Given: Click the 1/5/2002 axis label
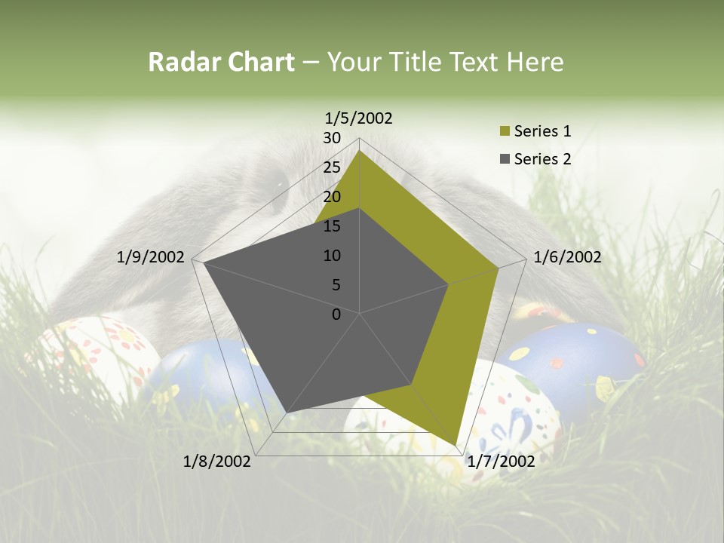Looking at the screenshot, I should coord(359,118).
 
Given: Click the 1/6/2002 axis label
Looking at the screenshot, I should coord(567,257).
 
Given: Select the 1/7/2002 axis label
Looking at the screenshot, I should coord(501,462).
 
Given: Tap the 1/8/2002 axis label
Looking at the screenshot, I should coord(217,462).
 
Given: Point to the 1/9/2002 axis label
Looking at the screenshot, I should coord(151,257).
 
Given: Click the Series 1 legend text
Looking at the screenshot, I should coord(542,131).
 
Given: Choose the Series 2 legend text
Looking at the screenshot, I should coord(542,159).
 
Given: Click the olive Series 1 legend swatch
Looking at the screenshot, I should coord(505,132).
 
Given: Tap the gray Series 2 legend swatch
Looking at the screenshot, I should coord(505,160).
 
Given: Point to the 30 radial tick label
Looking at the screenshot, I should coord(332,138).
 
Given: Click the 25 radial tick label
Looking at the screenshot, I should coord(332,167).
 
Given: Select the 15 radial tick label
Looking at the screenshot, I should coord(332,226).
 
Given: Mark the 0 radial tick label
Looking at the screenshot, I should coord(336,314).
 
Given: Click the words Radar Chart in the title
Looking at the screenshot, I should coord(221,62).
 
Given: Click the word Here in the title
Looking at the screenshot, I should coord(535,62).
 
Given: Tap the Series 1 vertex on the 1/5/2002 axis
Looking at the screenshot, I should coord(360,150).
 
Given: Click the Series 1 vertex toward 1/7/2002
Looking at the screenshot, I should coord(456,445).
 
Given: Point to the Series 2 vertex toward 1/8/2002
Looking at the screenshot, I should coord(287,413).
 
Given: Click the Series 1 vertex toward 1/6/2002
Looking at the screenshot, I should coord(499,267).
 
